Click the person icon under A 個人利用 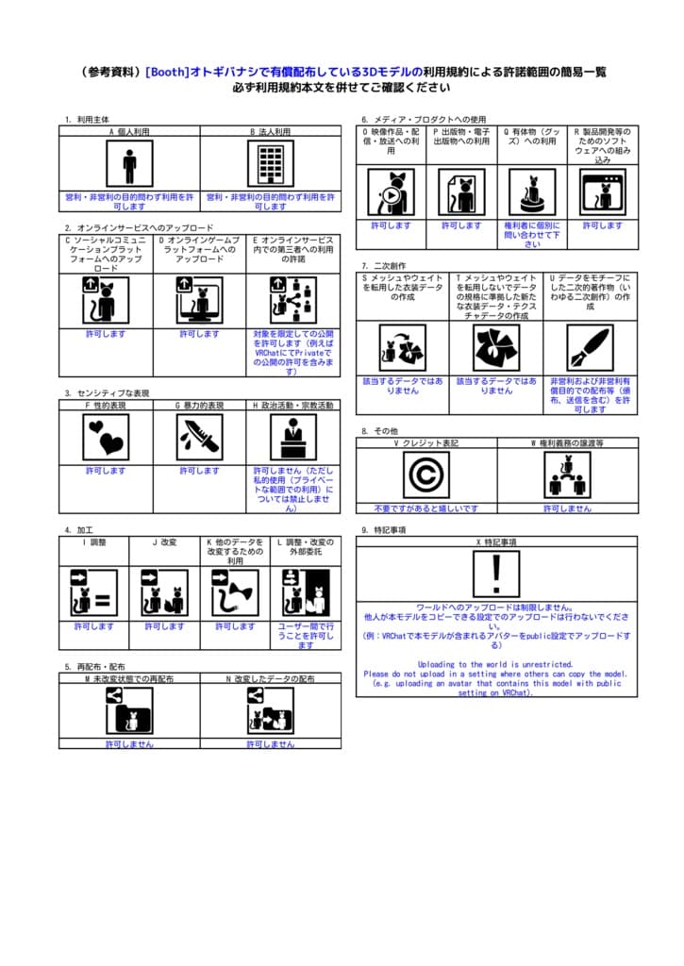pos(129,165)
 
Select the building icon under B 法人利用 pos(271,165)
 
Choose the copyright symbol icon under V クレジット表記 pos(425,475)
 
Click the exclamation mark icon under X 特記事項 pos(496,574)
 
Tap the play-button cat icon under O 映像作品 pos(391,192)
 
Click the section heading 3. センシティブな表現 pos(108,393)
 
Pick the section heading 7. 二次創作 pos(383,266)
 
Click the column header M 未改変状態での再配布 pos(129,678)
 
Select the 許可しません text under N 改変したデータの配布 pos(271,744)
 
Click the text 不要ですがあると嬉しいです pos(425,508)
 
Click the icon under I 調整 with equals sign pos(93,593)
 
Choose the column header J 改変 pos(164,542)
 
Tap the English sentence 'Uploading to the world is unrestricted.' pos(496,664)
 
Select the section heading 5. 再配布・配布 pos(95,666)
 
